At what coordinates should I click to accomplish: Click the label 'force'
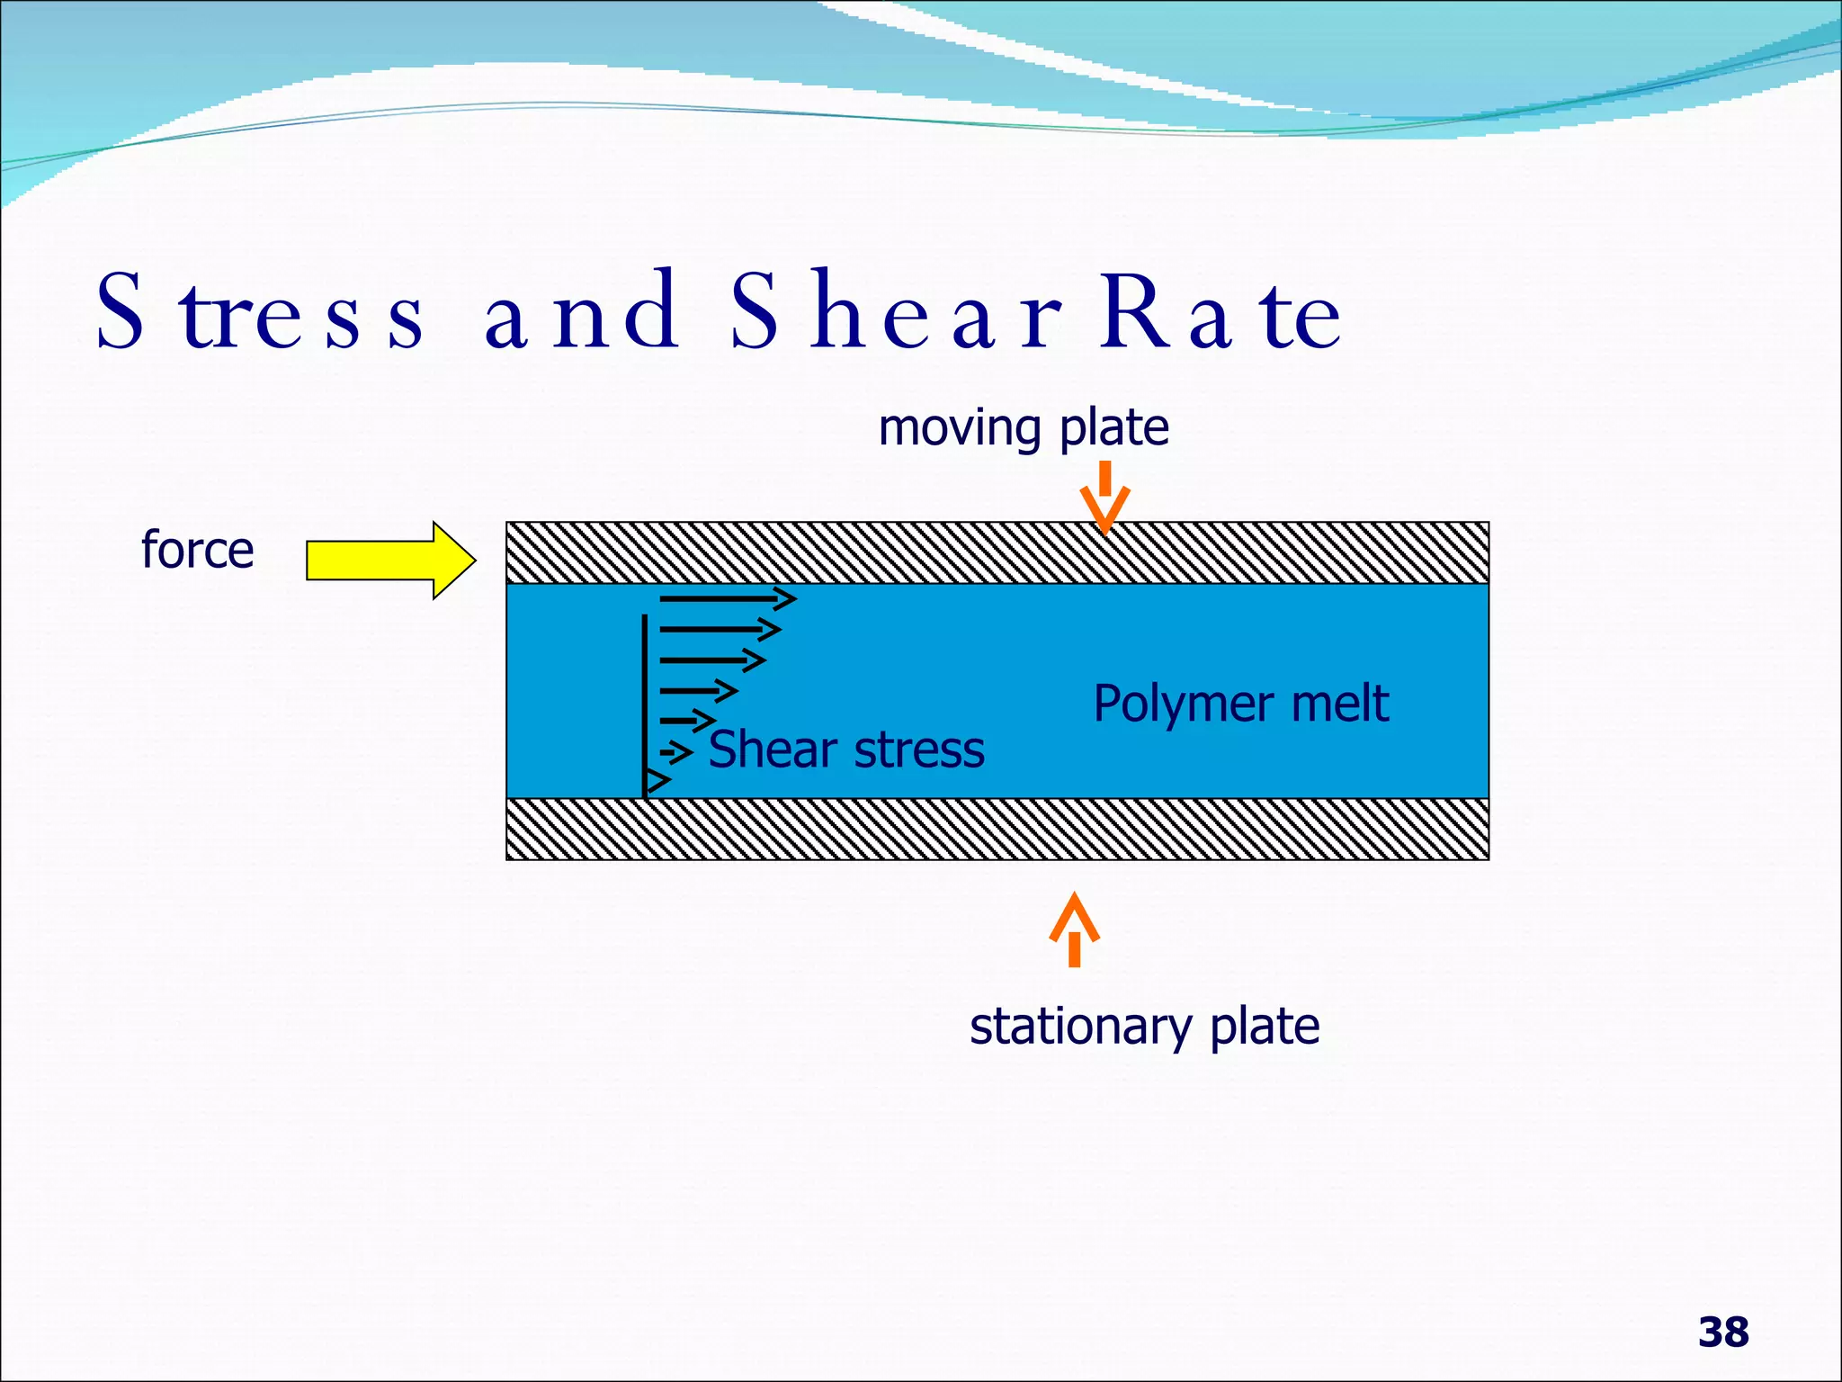click(198, 550)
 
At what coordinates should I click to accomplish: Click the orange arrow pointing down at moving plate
click(1104, 499)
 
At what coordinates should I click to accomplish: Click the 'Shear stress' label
click(845, 749)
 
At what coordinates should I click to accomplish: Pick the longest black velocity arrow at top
click(727, 598)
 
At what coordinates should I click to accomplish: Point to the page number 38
click(1723, 1333)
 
